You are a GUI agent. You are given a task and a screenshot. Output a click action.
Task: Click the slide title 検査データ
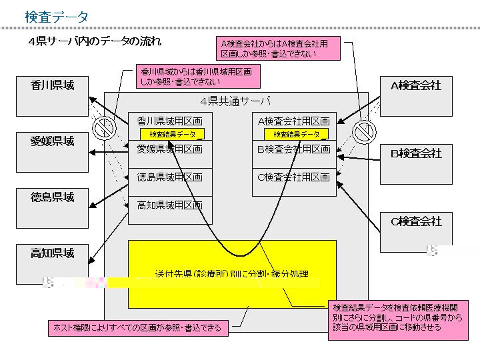tap(56, 17)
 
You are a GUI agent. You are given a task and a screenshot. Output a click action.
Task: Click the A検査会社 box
tap(416, 95)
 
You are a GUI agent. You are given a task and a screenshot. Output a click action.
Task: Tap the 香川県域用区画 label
tap(169, 121)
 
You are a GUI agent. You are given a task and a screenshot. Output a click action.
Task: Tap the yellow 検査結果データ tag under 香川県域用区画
tap(172, 134)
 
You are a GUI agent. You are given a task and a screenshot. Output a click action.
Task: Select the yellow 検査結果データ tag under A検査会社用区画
tap(296, 134)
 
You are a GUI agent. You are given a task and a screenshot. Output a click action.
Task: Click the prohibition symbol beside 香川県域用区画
tap(103, 127)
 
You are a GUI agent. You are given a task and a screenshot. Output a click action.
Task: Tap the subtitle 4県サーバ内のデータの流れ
tap(94, 42)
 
